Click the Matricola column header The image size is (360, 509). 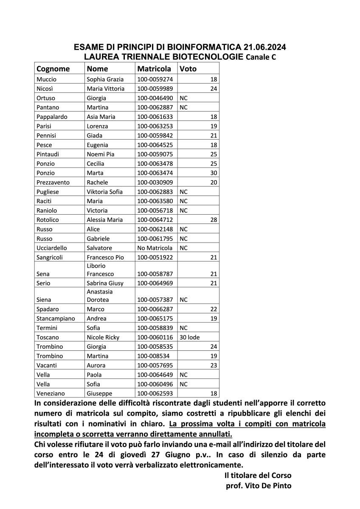pos(154,68)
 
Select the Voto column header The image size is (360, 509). pos(188,68)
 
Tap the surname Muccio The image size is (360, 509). pos(46,79)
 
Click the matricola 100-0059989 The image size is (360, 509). pos(154,89)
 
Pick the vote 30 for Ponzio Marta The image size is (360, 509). pos(214,173)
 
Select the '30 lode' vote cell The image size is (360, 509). pos(190,337)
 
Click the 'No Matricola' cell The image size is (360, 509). pos(155,248)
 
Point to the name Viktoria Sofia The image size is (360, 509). pos(104,192)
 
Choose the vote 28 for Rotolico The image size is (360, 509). pos(214,220)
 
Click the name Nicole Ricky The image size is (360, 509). pos(103,337)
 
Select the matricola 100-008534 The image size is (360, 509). pos(152,356)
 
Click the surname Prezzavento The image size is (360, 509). pos(53,182)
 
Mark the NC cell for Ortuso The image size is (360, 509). pos(184,98)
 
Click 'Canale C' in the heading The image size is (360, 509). pos(261,57)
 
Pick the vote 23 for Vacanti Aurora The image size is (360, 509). pos(214,365)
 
